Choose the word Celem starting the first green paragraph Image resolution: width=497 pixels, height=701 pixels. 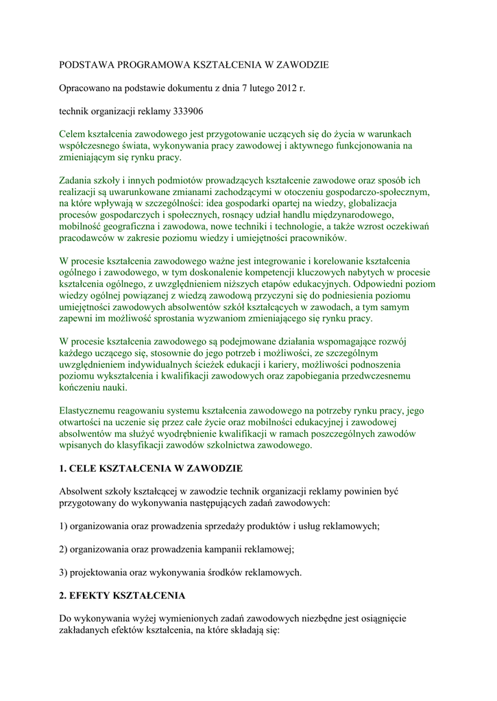pyautogui.click(x=73, y=134)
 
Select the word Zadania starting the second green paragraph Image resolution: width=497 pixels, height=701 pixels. pyautogui.click(x=77, y=181)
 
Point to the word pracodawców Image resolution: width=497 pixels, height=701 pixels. pyautogui.click(x=90, y=238)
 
